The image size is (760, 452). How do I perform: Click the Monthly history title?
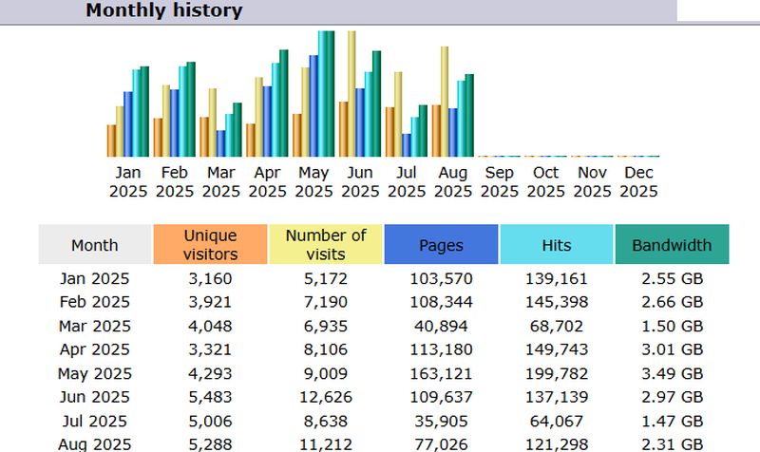[163, 11]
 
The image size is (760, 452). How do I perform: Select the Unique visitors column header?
[210, 244]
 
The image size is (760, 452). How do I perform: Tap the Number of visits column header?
[326, 244]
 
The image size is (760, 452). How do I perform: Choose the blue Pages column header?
[441, 245]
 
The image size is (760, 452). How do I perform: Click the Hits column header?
[557, 245]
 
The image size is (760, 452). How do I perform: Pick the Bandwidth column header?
[672, 245]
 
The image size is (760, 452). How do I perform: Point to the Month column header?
[95, 245]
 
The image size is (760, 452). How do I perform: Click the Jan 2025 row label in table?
[94, 279]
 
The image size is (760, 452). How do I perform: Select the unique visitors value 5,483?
[211, 398]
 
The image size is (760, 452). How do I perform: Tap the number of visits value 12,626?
[326, 398]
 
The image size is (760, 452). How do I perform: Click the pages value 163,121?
[441, 374]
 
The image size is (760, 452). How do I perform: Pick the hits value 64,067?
[557, 422]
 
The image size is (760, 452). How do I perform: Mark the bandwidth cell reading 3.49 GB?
[672, 374]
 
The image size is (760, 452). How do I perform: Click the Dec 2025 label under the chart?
[638, 182]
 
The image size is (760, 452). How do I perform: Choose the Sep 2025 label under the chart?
[500, 182]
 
